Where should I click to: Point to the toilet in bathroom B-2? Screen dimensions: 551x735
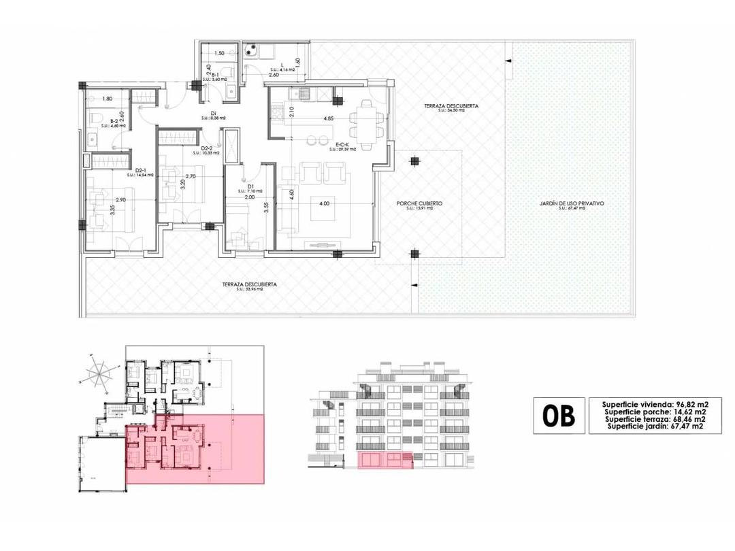[92, 139]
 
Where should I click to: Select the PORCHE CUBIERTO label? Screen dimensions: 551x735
[420, 203]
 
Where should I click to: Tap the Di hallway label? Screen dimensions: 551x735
[212, 114]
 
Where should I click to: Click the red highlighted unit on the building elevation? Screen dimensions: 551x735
[386, 461]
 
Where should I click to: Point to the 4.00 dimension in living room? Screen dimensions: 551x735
[325, 203]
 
